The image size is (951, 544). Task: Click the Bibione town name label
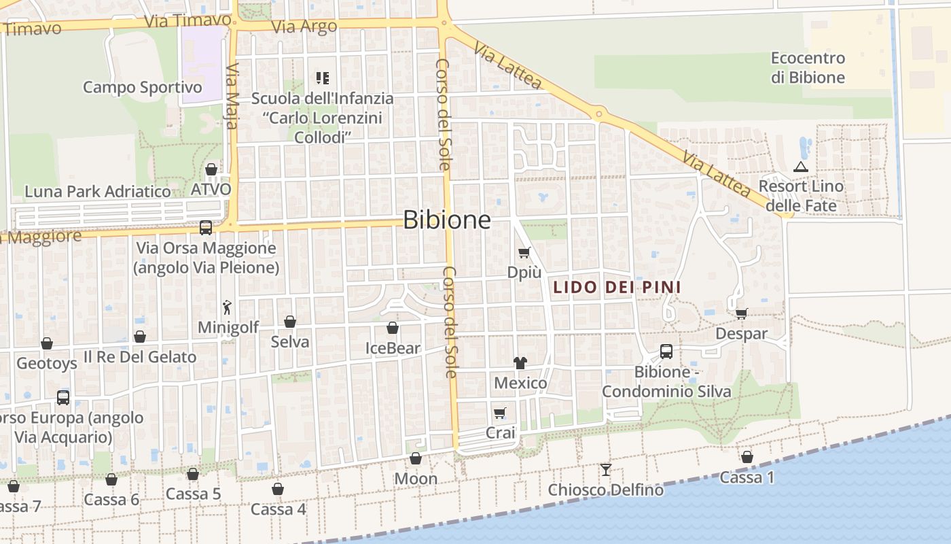coord(446,220)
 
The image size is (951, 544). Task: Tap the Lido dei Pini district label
coord(617,287)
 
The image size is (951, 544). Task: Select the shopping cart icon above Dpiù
coord(524,253)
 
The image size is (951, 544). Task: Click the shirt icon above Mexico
coord(520,362)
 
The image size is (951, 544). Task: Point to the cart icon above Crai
coord(500,413)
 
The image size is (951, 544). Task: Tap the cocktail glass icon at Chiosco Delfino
coord(605,469)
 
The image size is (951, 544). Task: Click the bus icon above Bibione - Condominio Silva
coord(666,352)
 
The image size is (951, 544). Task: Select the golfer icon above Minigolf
coord(228,307)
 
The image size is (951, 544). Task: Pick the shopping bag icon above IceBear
coord(393,328)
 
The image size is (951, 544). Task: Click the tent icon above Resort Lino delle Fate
coord(801,167)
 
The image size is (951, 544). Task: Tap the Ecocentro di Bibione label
coord(808,67)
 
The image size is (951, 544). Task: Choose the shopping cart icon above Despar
coord(741,313)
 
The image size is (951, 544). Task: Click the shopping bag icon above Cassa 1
coord(747,457)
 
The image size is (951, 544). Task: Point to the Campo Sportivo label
coord(143,87)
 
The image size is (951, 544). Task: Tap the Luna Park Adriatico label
coord(98,192)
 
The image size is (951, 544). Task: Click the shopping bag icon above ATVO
coord(211,169)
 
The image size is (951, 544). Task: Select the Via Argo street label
coord(304,27)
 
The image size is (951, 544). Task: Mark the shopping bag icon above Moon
coord(416,459)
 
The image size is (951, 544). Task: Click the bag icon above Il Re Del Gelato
coord(140,337)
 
